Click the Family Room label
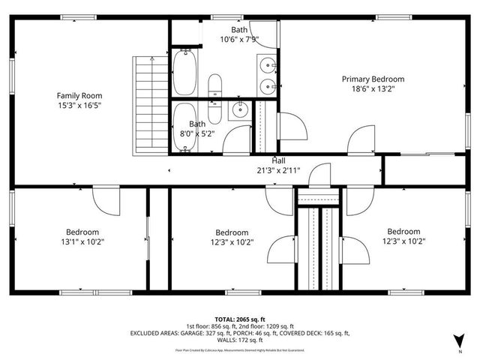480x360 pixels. (x=79, y=95)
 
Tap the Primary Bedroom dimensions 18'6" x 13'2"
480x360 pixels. (x=373, y=88)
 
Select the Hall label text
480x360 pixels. (x=278, y=160)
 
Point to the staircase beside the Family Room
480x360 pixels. (x=148, y=104)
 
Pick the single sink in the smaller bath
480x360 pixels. (x=238, y=111)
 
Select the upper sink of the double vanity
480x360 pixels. (x=267, y=65)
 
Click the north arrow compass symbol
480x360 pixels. (x=458, y=343)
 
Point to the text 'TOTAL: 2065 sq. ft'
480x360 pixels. (x=239, y=319)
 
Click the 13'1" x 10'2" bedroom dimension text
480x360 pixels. (x=82, y=241)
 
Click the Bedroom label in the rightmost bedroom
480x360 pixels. (x=403, y=232)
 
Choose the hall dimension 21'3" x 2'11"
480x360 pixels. (x=278, y=170)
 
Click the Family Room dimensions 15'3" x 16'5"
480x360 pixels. (x=79, y=106)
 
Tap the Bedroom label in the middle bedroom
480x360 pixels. (x=232, y=232)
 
